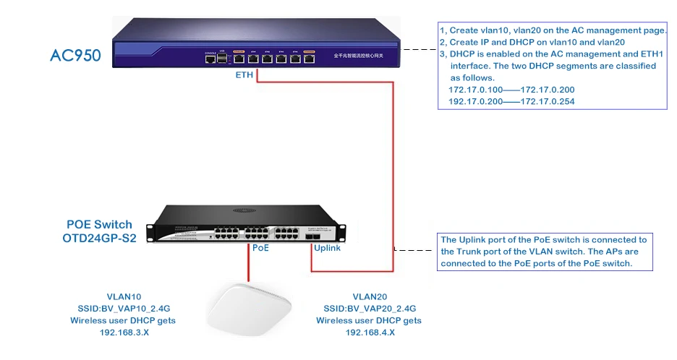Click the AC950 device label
point(75,56)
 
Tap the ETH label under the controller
point(244,74)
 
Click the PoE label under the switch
point(260,248)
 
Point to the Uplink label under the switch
point(327,248)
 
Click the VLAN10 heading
point(122,297)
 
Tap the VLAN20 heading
point(368,297)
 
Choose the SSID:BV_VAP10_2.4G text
point(122,309)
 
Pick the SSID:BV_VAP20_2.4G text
point(368,309)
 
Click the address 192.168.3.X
point(122,333)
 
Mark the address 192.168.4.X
point(368,333)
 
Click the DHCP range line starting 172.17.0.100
point(511,90)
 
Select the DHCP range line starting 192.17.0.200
point(511,102)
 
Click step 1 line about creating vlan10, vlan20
point(553,30)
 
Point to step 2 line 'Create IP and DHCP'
point(532,42)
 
